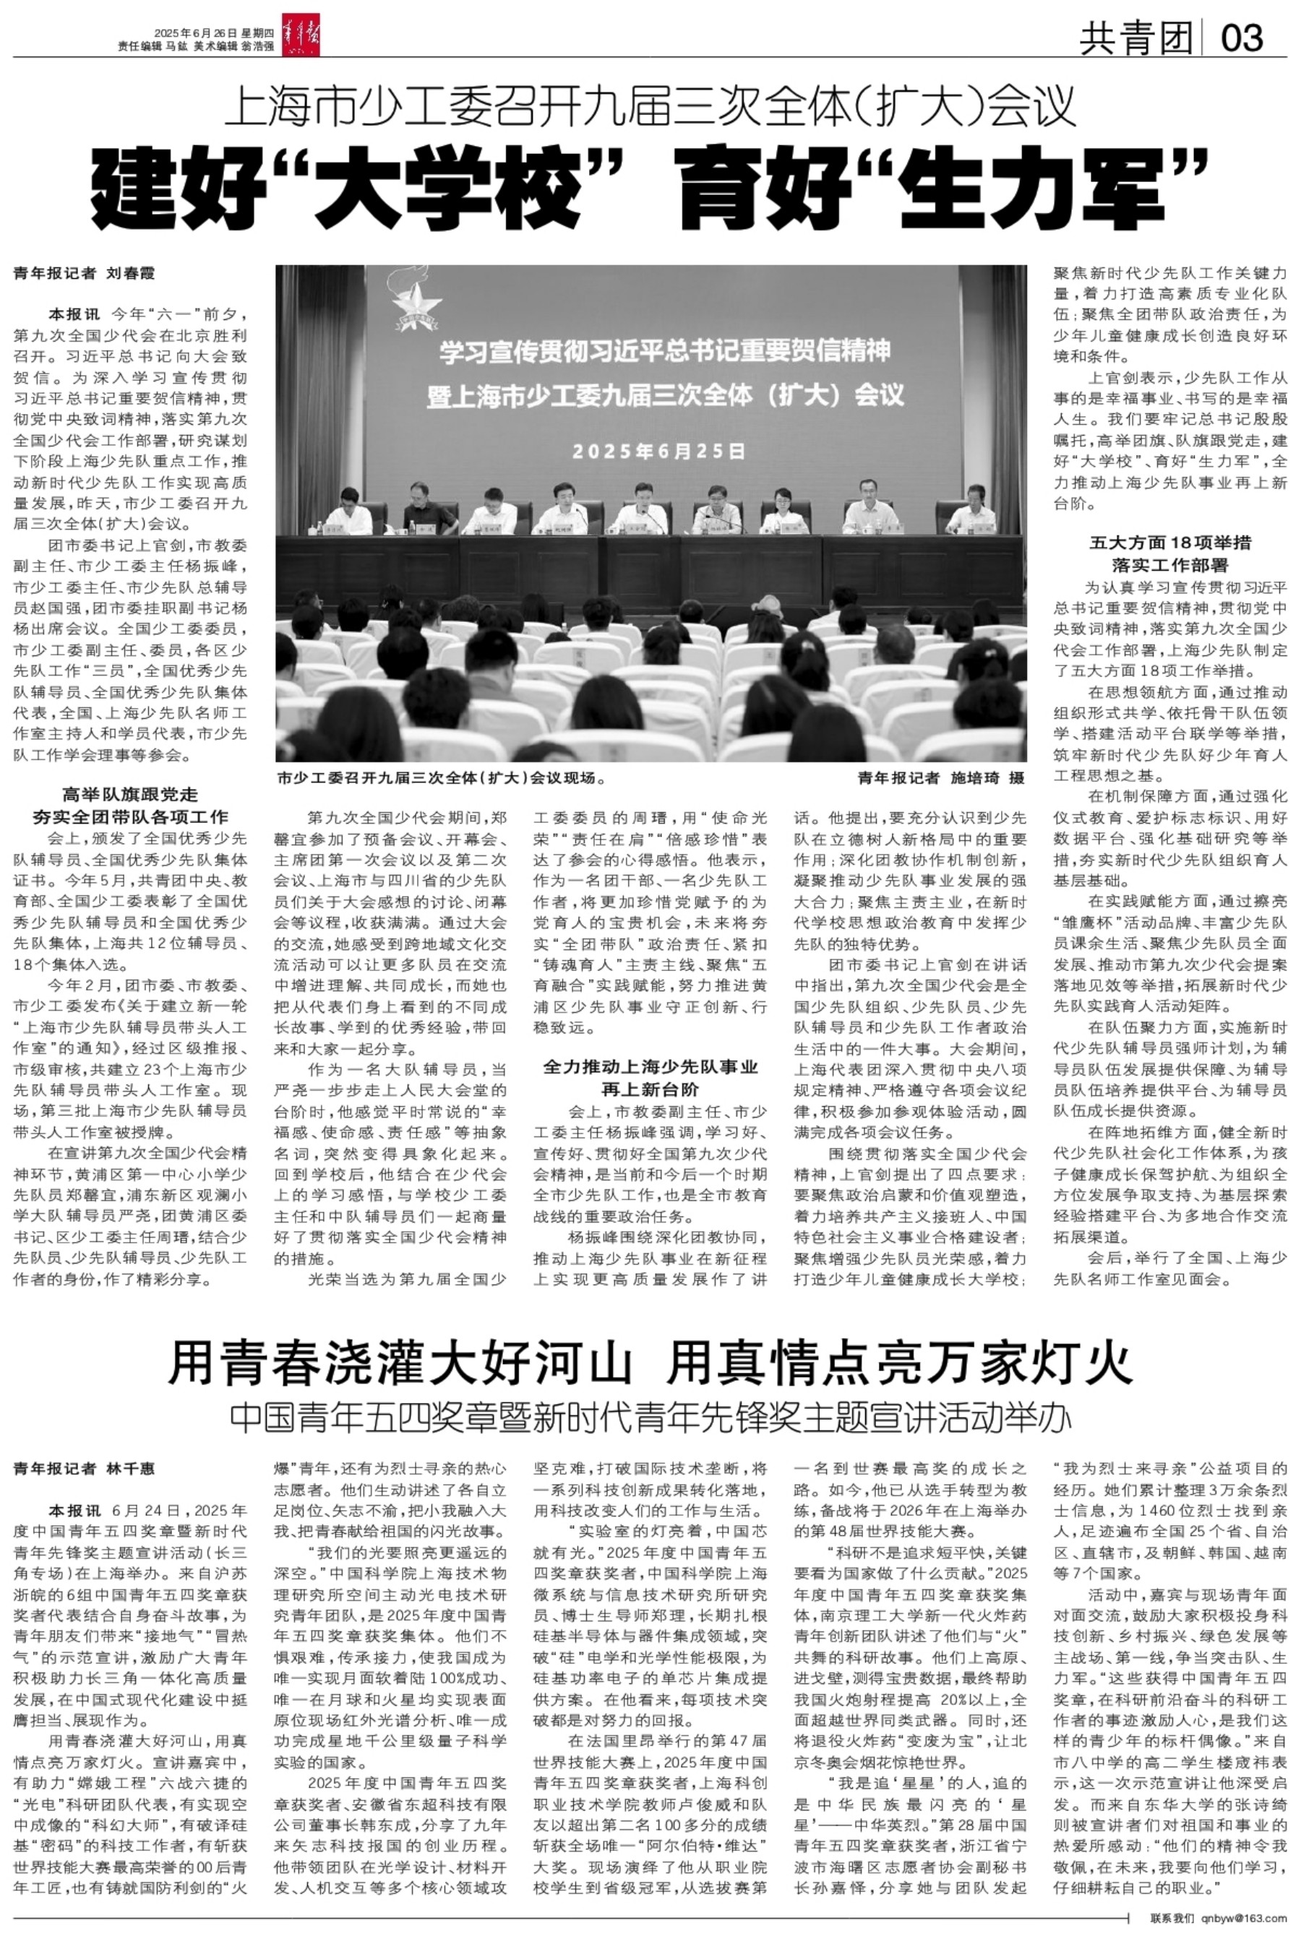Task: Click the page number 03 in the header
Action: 1241,38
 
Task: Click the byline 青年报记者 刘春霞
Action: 85,274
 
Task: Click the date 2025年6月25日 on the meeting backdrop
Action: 658,451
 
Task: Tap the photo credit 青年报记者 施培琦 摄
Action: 941,778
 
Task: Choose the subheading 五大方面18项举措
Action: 1170,544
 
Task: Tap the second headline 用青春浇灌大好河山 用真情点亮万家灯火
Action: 650,1366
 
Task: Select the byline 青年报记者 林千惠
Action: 85,1469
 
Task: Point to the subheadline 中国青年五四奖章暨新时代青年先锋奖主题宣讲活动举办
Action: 650,1418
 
